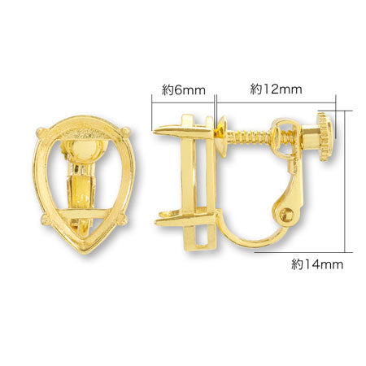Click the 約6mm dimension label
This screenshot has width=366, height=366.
(x=184, y=90)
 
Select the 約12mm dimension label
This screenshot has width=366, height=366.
(x=276, y=89)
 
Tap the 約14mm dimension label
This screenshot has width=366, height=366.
(x=317, y=264)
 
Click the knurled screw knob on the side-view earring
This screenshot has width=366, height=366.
(x=326, y=137)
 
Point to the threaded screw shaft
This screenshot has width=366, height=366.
(x=250, y=136)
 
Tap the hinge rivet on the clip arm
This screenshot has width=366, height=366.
(x=287, y=215)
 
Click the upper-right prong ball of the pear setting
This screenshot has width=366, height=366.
(x=126, y=131)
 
